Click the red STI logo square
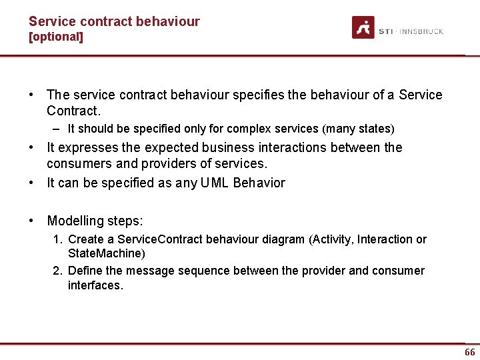tap(363, 27)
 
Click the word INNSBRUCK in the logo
tap(421, 31)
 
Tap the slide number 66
tap(470, 352)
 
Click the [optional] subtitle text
tap(56, 37)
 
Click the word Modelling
tap(75, 221)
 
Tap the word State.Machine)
tap(107, 253)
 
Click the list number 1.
tap(58, 239)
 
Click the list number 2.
tap(58, 271)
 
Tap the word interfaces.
tap(95, 285)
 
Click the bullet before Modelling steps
tap(32, 221)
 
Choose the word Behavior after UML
tap(259, 183)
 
